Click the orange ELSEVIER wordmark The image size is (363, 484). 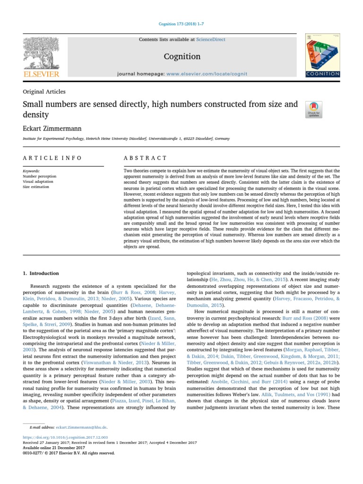pyautogui.click(x=42, y=74)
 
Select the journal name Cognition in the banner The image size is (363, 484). pyautogui.click(x=182, y=56)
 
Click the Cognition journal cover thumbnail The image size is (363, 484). pyautogui.click(x=322, y=56)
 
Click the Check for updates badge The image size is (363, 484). pyautogui.click(x=314, y=109)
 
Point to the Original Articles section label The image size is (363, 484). pyautogui.click(x=44, y=92)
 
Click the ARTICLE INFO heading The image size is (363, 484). pyautogui.click(x=52, y=158)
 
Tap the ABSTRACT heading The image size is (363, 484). pyautogui.click(x=145, y=158)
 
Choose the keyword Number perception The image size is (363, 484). pyautogui.click(x=40, y=176)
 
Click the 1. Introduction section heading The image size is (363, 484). pyautogui.click(x=41, y=273)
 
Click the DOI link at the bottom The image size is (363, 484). pyautogui.click(x=65, y=438)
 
